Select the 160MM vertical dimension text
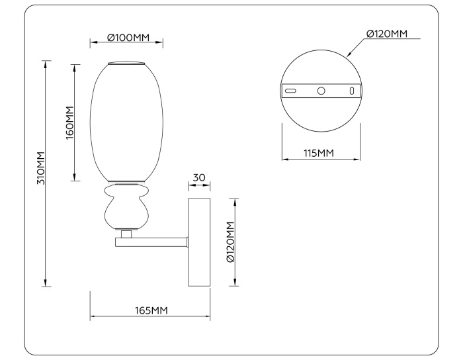pyautogui.click(x=69, y=122)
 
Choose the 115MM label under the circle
pyautogui.click(x=319, y=154)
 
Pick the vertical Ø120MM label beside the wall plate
pyautogui.click(x=230, y=242)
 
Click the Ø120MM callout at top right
pyautogui.click(x=386, y=34)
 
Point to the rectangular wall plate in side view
pyautogui.click(x=199, y=242)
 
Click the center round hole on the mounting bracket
pyautogui.click(x=321, y=91)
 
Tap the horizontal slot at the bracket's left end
pyautogui.click(x=290, y=91)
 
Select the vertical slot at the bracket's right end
pyautogui.click(x=352, y=91)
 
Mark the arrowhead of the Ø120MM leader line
pyautogui.click(x=349, y=52)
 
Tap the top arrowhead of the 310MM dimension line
pyautogui.click(x=45, y=64)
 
